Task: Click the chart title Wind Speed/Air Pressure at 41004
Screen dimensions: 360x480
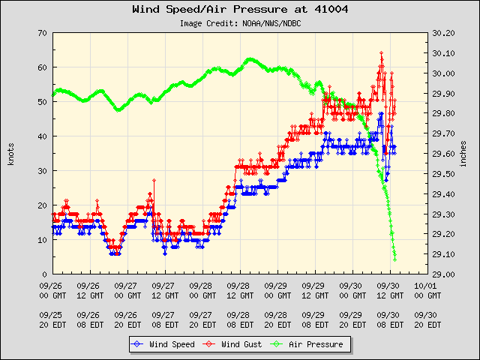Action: click(x=240, y=10)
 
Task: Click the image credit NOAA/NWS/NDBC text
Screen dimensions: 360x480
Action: click(x=239, y=23)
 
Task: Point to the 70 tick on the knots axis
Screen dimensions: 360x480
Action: click(x=43, y=33)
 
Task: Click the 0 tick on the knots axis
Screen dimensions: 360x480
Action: click(x=45, y=274)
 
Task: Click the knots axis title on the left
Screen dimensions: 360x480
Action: click(x=11, y=154)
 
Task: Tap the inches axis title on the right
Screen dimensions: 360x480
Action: click(x=465, y=154)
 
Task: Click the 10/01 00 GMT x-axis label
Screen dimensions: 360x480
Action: click(x=426, y=290)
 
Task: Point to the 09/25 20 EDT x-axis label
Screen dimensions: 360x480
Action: click(x=52, y=319)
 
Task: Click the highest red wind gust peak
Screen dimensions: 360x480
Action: click(x=382, y=53)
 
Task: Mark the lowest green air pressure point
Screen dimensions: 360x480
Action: click(x=395, y=259)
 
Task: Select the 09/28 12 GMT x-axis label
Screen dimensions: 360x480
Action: click(x=238, y=290)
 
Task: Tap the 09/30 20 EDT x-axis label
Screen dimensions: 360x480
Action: click(x=426, y=319)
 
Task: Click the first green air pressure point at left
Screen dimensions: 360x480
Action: click(x=52, y=94)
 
